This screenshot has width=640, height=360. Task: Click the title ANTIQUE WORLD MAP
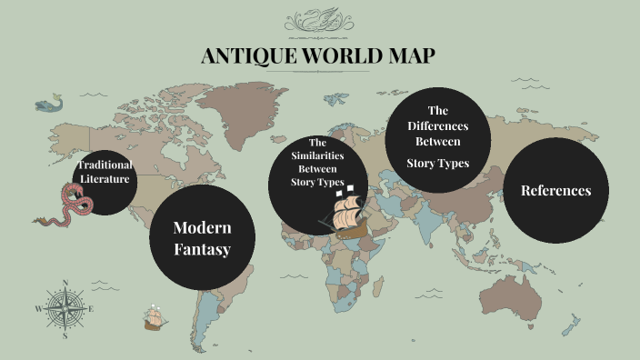click(x=317, y=56)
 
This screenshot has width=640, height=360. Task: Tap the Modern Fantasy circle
click(x=202, y=237)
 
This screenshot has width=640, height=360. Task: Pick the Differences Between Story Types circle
click(x=438, y=139)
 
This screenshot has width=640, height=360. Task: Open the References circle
click(x=555, y=191)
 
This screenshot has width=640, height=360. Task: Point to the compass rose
click(x=65, y=307)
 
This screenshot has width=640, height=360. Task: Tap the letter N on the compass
click(x=65, y=281)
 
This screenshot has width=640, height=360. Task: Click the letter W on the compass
click(x=38, y=308)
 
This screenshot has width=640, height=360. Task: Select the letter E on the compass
click(x=91, y=308)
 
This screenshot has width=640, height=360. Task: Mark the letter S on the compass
click(x=65, y=335)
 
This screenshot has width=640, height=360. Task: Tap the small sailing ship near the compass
click(x=154, y=318)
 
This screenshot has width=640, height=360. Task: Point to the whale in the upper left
click(x=49, y=104)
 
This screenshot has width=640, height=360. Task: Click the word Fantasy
click(x=202, y=248)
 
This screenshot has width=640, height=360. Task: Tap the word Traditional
click(x=105, y=165)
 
